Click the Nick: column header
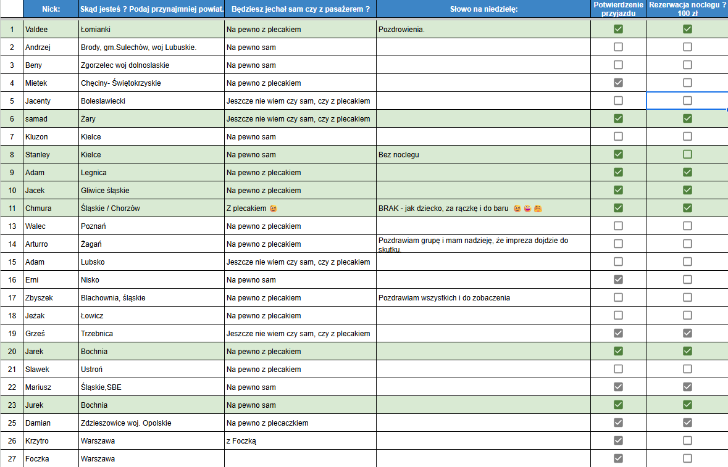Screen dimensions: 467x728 [51, 9]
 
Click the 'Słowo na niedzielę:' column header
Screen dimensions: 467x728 [483, 9]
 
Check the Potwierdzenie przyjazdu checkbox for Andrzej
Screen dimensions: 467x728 [618, 47]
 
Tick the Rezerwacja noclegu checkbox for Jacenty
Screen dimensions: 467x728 [687, 101]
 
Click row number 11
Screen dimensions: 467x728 [12, 209]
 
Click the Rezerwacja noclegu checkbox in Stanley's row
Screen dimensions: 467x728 [687, 154]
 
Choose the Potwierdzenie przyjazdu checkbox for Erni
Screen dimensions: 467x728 [618, 279]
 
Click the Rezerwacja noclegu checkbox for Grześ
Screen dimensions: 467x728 [687, 333]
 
